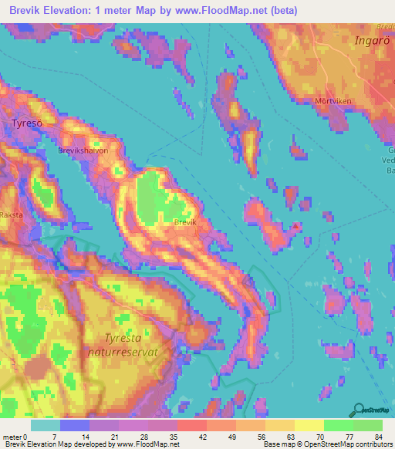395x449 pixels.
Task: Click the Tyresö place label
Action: click(x=28, y=123)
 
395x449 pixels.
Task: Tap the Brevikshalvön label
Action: click(x=83, y=152)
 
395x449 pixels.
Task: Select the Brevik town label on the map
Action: click(x=186, y=222)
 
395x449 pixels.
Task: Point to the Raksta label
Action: click(x=12, y=215)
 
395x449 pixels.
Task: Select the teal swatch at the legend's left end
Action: click(x=46, y=425)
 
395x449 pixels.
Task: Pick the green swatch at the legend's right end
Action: click(x=368, y=425)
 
